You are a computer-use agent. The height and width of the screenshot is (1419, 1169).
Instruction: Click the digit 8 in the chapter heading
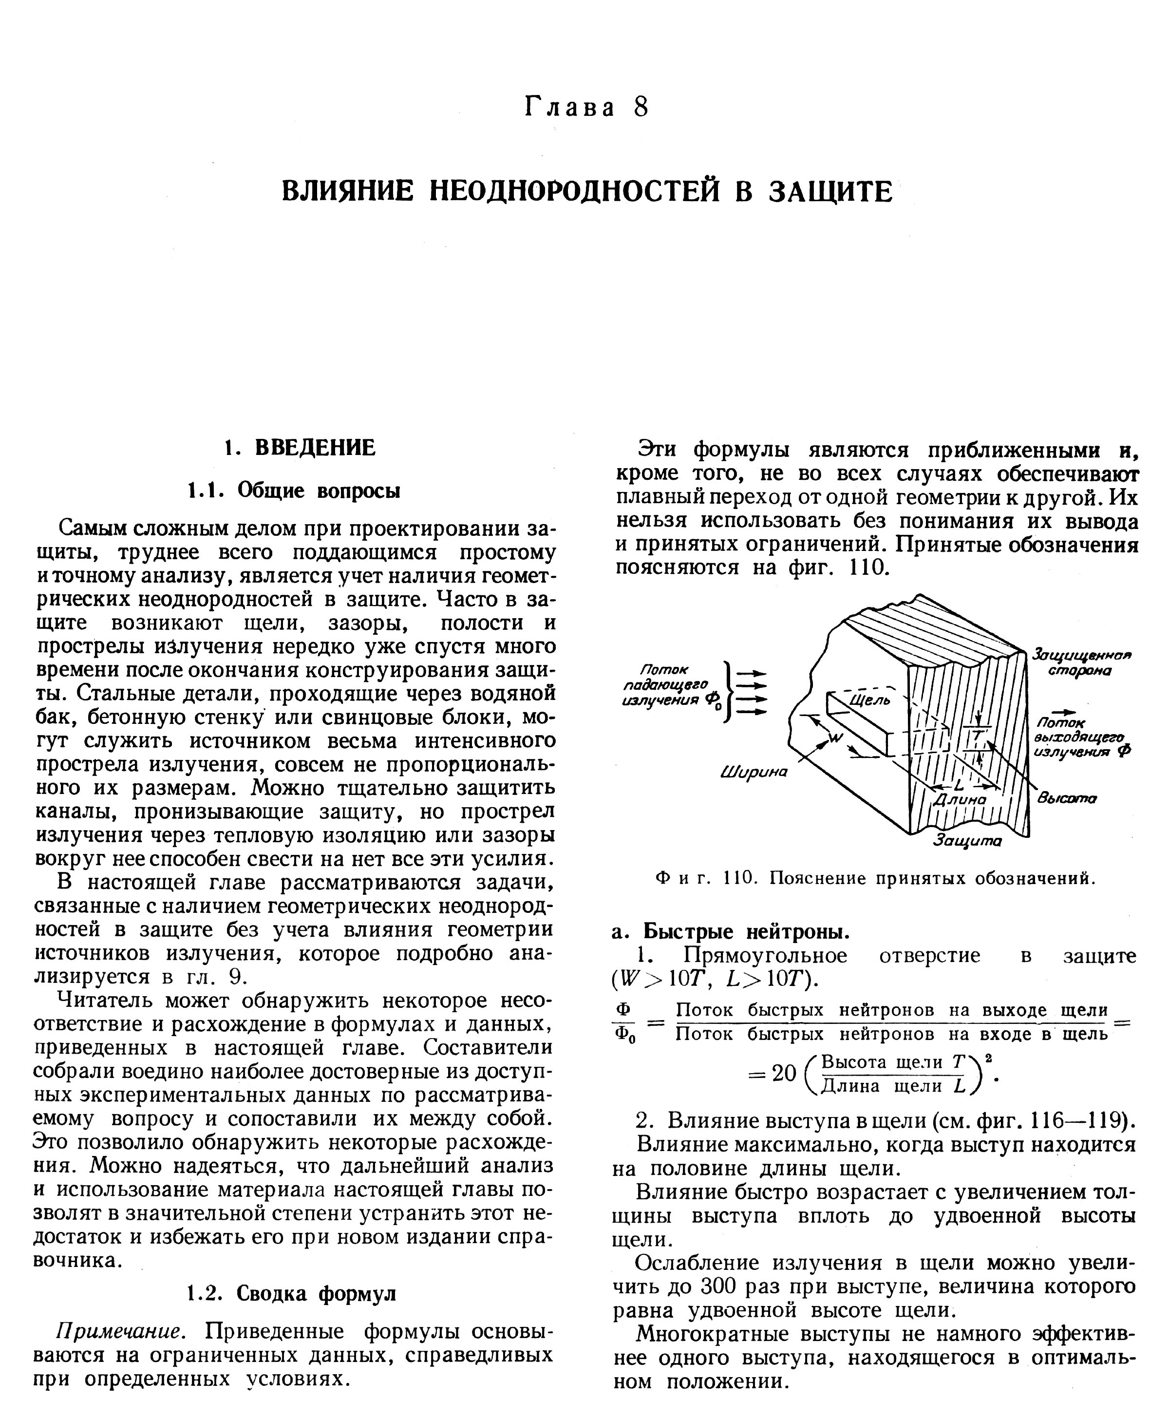click(x=641, y=108)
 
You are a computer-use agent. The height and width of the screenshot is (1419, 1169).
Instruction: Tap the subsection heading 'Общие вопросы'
click(x=319, y=491)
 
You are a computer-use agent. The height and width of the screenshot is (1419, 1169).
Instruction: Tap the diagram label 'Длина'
click(x=959, y=799)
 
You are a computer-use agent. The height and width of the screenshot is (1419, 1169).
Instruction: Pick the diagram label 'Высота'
click(x=1067, y=798)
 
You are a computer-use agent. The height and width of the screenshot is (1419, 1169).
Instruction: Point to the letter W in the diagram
click(x=835, y=739)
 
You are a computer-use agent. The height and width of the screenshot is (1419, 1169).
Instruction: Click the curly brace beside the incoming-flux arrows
click(x=727, y=692)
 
